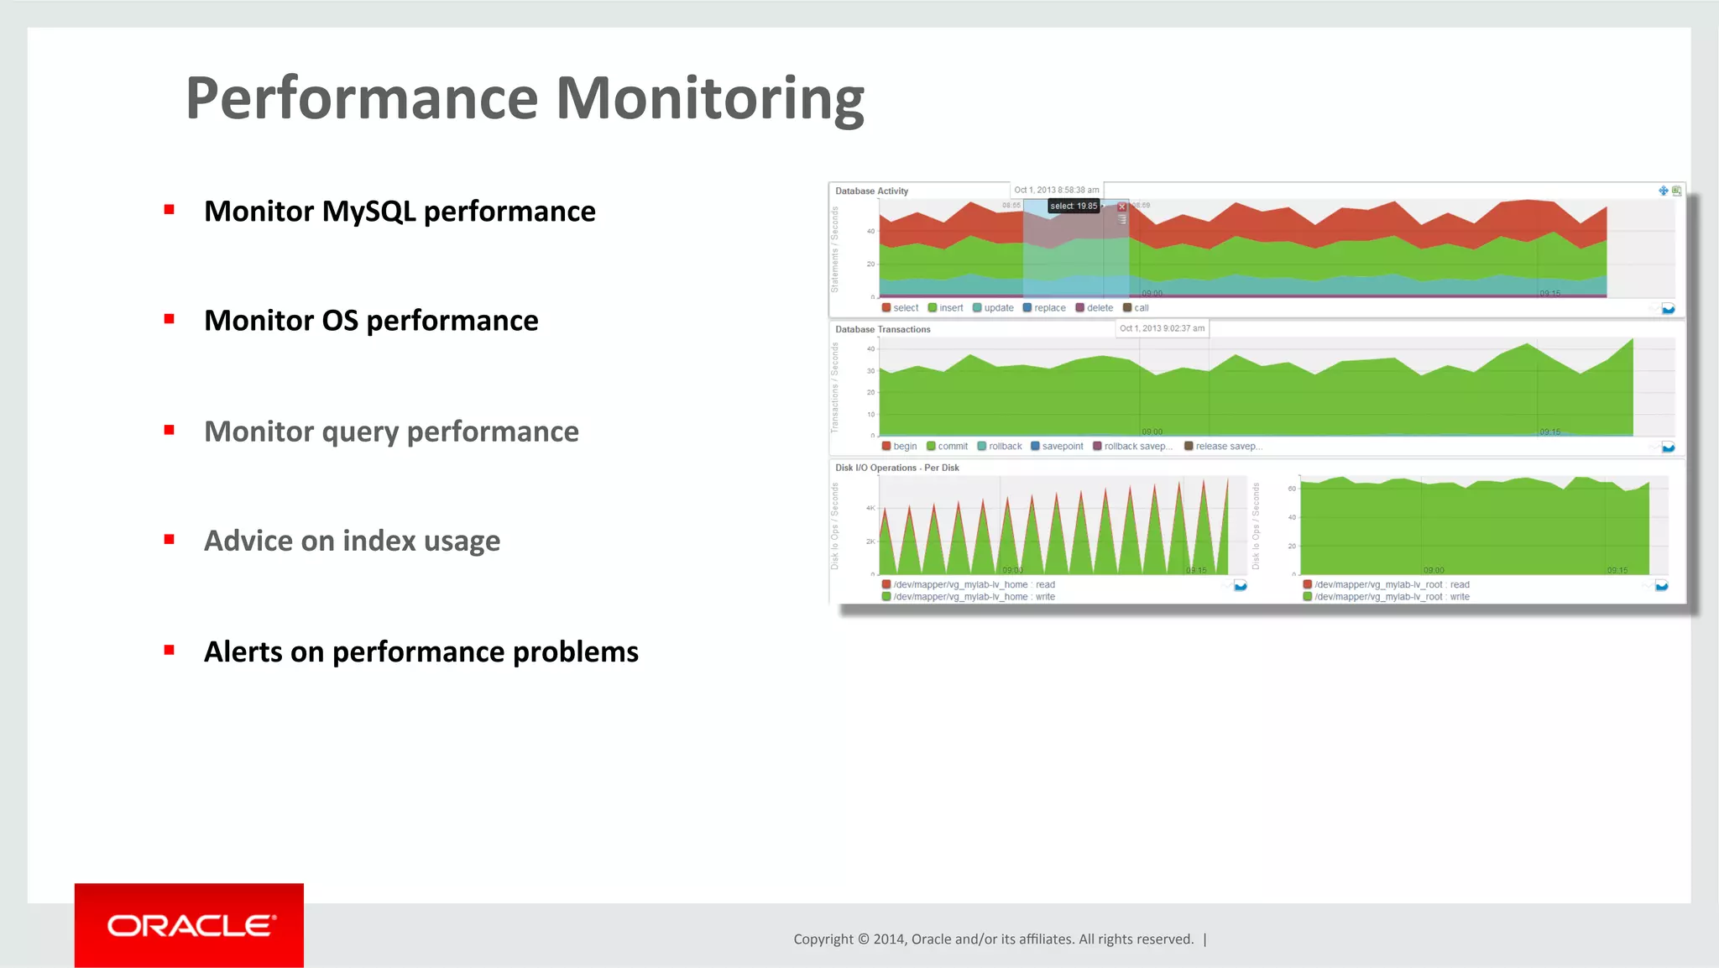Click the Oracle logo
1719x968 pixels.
point(190,925)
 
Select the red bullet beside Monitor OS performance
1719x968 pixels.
point(170,319)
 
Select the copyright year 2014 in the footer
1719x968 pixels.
point(889,939)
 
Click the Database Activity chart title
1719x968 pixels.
point(871,191)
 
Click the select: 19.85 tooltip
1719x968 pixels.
point(1074,206)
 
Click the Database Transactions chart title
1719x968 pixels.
point(882,330)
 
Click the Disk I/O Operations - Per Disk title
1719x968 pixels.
point(896,468)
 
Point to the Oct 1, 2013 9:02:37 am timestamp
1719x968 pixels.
point(1162,328)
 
